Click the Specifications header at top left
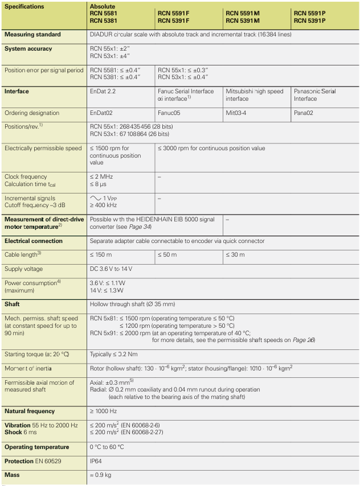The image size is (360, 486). point(24,6)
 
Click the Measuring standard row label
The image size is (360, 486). point(32,35)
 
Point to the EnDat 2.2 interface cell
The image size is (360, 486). point(102,92)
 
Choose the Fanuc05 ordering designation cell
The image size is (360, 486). point(169,113)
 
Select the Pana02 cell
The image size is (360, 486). point(305,113)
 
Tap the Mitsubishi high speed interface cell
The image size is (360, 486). point(255,94)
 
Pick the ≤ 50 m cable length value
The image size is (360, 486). point(169,254)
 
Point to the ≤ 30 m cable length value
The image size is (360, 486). point(238,254)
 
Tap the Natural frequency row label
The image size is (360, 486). point(30,411)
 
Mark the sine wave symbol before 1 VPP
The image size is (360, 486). point(95,197)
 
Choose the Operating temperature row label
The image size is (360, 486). point(36,447)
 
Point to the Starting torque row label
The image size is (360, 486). point(36,354)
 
